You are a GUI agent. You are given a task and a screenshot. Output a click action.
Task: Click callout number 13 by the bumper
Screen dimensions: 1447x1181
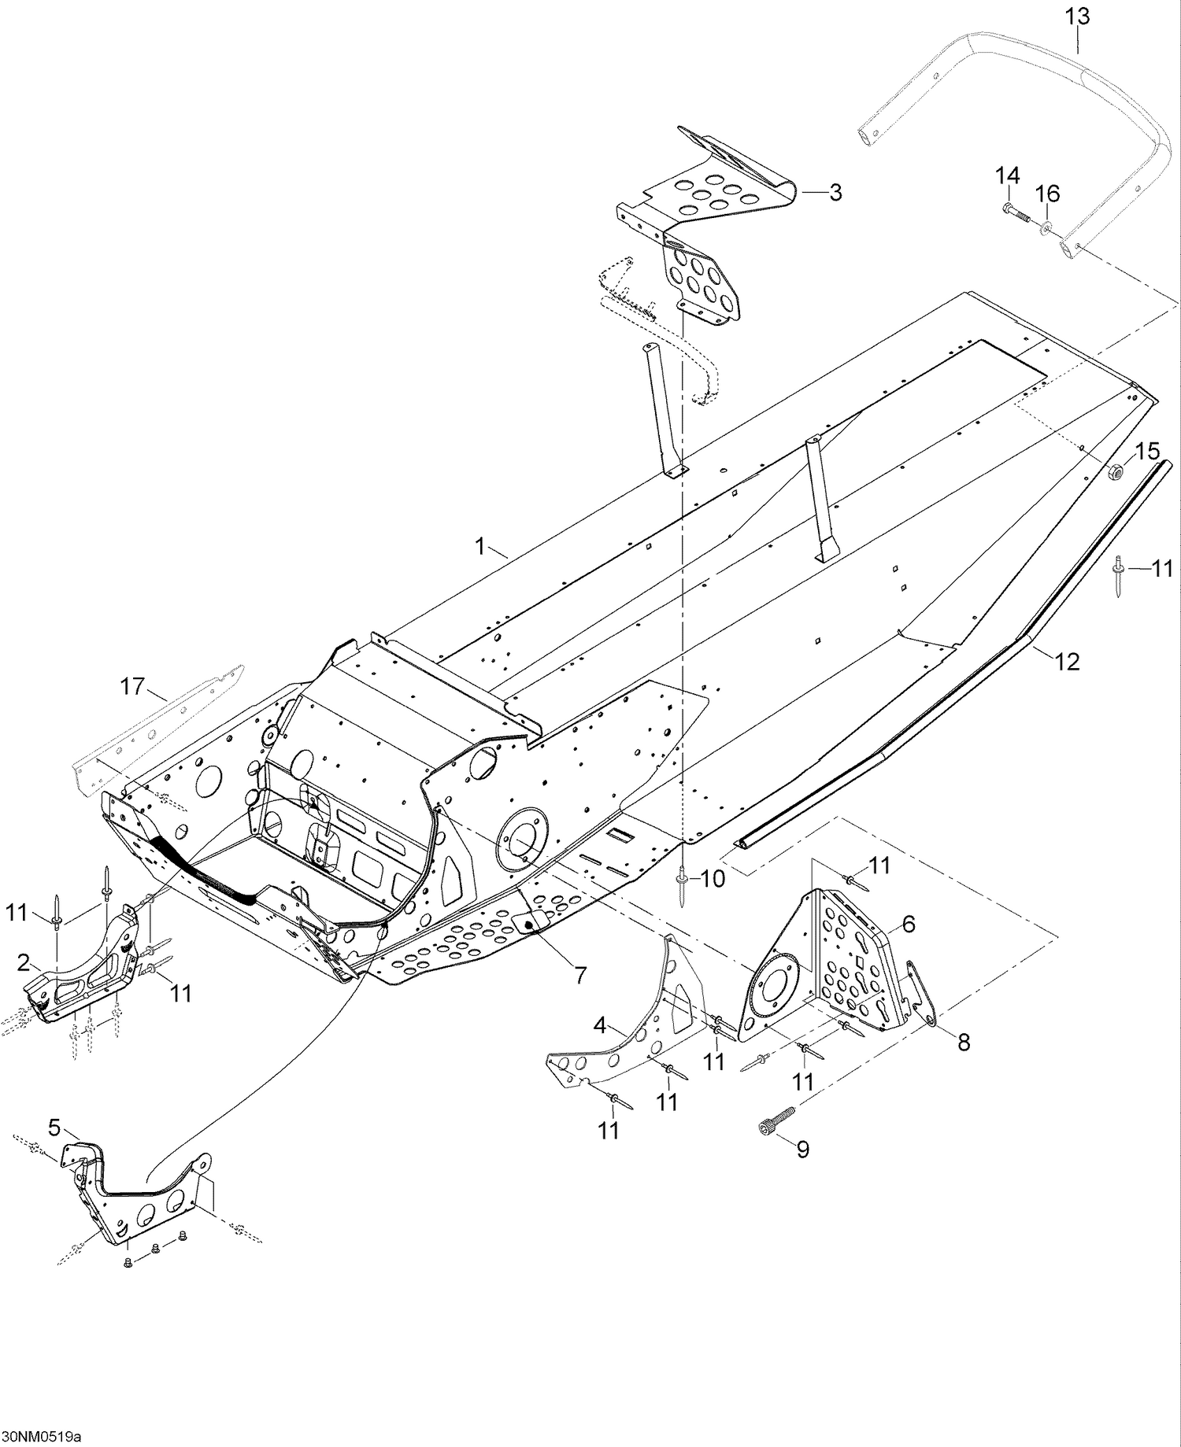pos(1077,16)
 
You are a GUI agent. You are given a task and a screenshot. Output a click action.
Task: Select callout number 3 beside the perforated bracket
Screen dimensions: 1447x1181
pos(835,192)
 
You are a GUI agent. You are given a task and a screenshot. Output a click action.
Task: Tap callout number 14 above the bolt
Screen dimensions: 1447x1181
pos(1007,175)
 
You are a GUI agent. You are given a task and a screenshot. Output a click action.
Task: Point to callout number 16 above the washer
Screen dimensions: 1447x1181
pos(1047,194)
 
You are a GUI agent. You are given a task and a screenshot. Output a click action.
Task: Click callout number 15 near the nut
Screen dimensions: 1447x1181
pos(1147,452)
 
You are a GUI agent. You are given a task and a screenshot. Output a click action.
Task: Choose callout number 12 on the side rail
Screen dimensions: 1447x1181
pos(1067,662)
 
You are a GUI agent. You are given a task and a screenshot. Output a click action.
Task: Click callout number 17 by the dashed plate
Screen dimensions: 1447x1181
pos(132,686)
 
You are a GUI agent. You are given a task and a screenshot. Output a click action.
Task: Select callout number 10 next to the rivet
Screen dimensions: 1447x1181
pos(713,879)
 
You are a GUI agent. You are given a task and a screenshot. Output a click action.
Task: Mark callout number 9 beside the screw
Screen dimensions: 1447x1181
pos(802,1150)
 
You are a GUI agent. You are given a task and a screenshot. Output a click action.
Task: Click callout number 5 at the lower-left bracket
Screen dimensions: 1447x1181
pos(54,1128)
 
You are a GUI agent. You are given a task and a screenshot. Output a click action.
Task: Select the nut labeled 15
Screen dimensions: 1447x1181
pos(1116,472)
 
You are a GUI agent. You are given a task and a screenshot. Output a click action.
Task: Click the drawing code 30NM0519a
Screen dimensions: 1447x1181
pos(41,1437)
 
